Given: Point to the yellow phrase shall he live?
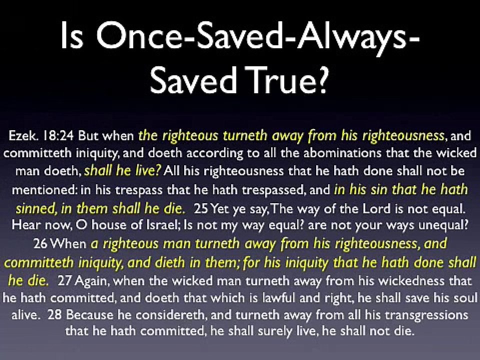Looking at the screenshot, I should (123, 171).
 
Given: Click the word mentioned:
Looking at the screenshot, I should (41, 189).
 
